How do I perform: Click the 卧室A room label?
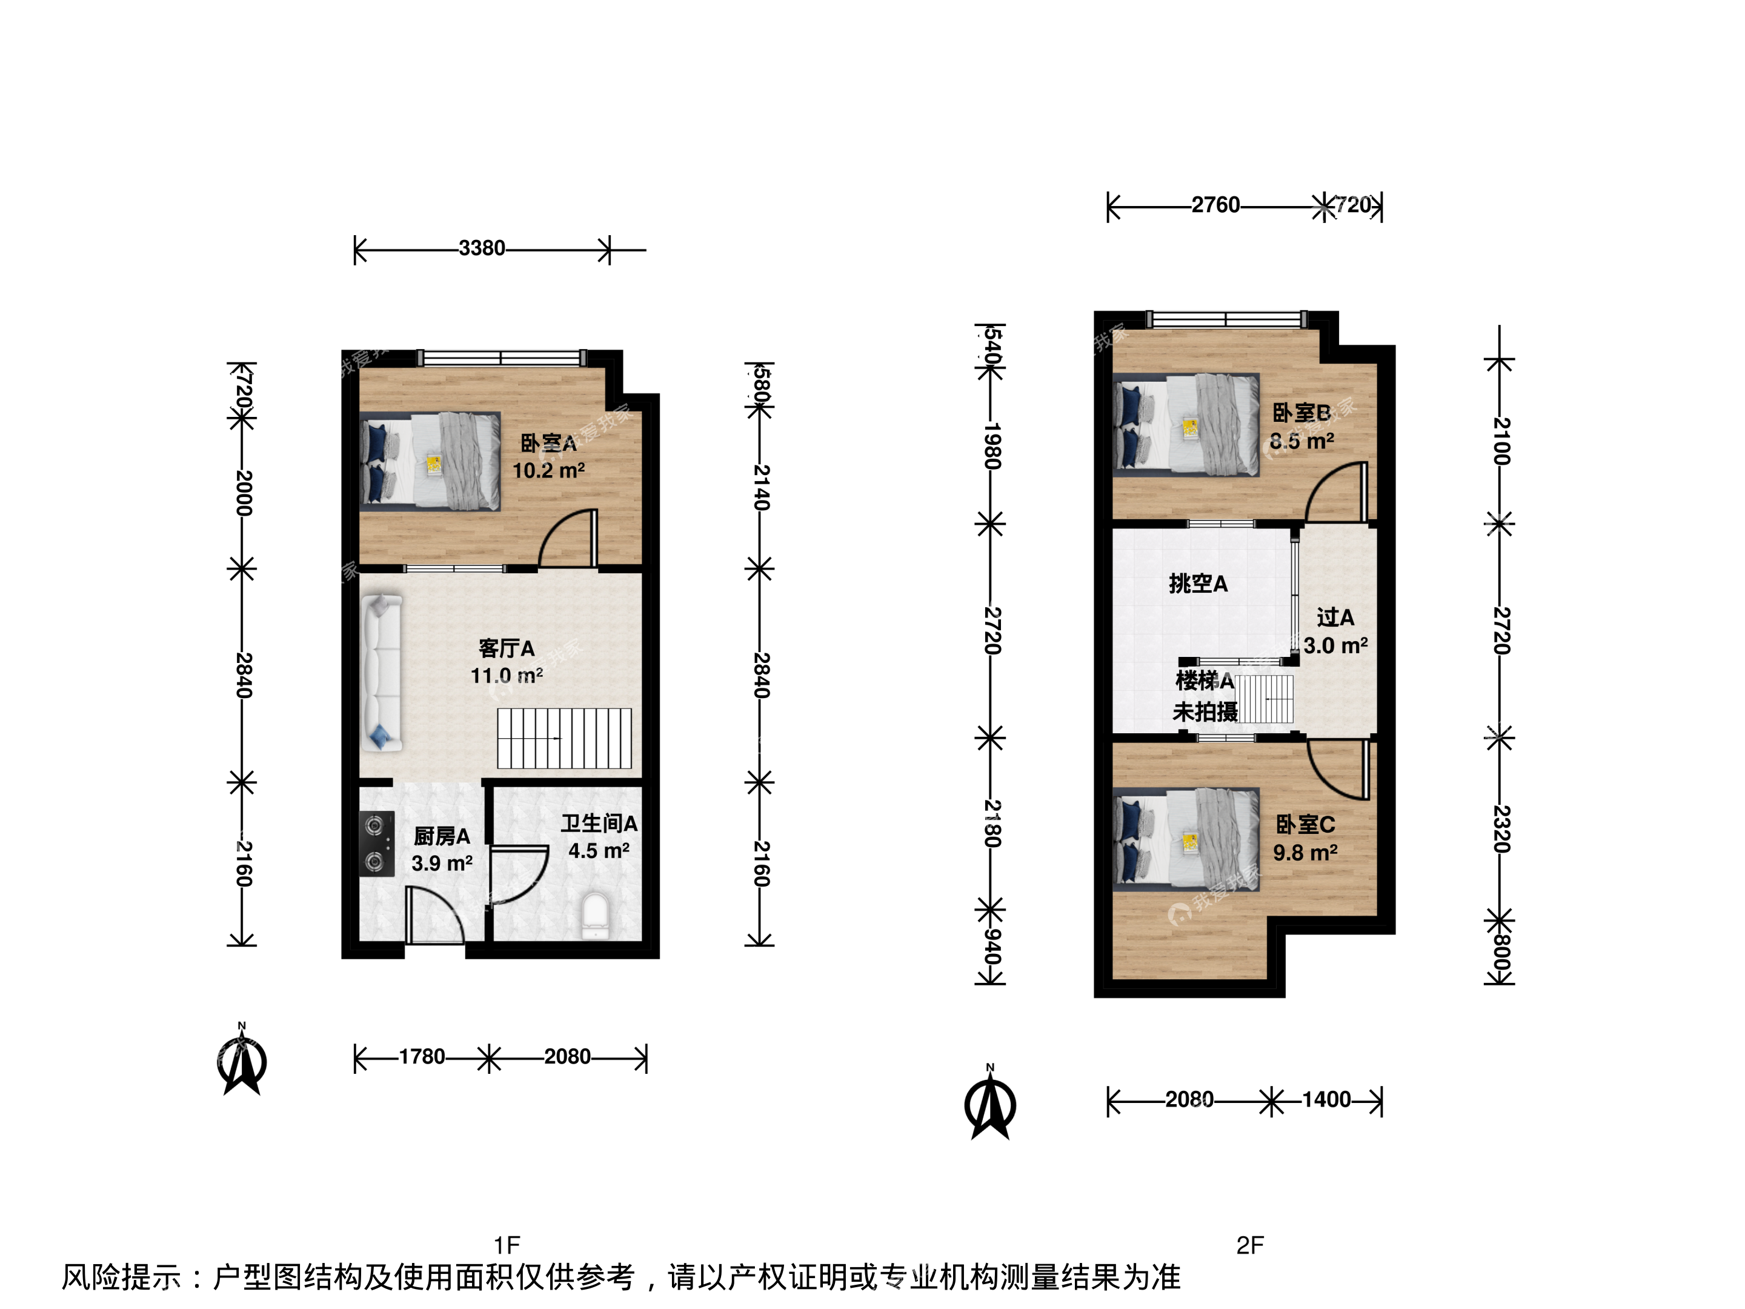pos(548,444)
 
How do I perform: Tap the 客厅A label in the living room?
pos(507,648)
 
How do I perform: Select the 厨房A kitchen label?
pos(442,836)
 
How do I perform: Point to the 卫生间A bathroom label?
pos(600,824)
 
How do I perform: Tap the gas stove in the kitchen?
pos(376,844)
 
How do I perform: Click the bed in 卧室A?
pos(431,462)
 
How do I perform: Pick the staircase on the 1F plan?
pos(564,739)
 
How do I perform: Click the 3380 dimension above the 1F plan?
pos(482,248)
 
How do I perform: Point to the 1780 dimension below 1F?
pos(422,1056)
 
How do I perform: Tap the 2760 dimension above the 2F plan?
pos(1215,205)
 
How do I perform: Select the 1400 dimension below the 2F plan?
pos(1326,1099)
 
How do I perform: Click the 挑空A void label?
pos(1198,584)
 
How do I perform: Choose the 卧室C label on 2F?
pos(1306,825)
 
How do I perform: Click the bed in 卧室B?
pos(1186,425)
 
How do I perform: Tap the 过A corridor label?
pos(1335,617)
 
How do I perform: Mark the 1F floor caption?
pos(507,1245)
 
